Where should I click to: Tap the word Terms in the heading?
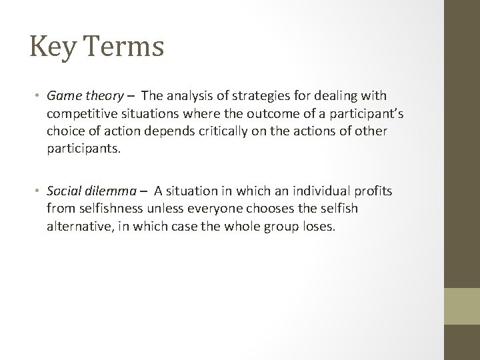pyautogui.click(x=122, y=47)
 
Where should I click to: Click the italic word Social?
pyautogui.click(x=63, y=192)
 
